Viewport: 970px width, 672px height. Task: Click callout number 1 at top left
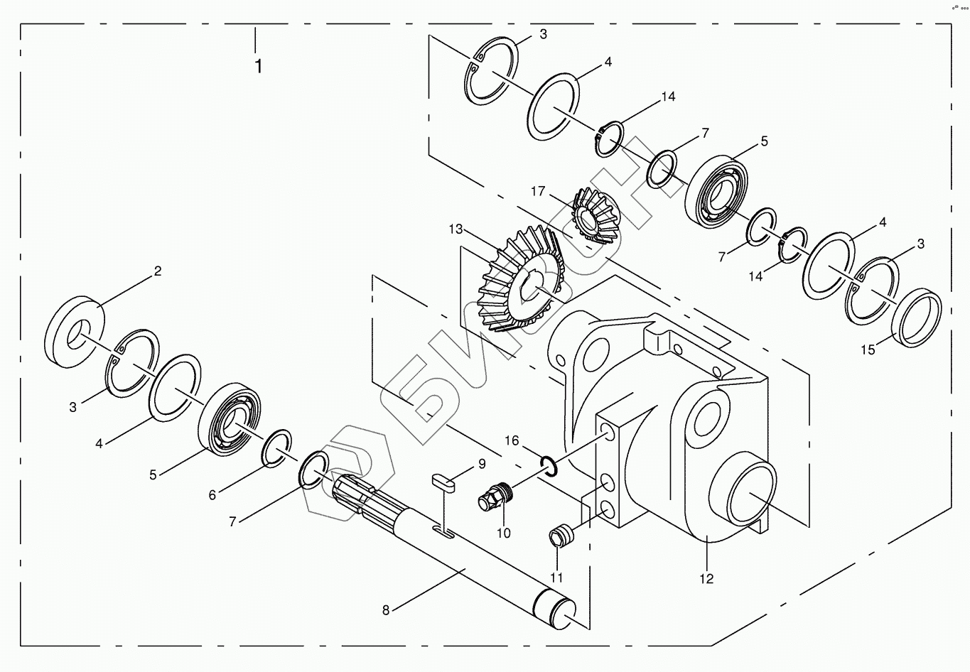(x=258, y=66)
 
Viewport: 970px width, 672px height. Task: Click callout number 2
(x=158, y=271)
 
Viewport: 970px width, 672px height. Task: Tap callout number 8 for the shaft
(x=386, y=609)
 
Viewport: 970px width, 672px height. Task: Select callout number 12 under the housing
(x=706, y=578)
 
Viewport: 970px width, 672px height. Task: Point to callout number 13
(x=456, y=229)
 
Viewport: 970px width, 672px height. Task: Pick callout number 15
(x=868, y=349)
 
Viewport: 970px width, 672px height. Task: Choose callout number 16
(x=512, y=441)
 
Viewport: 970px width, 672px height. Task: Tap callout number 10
(x=503, y=533)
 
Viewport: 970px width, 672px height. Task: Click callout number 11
(x=556, y=578)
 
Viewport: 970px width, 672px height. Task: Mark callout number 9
(x=481, y=464)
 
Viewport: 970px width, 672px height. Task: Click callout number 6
(x=212, y=495)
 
